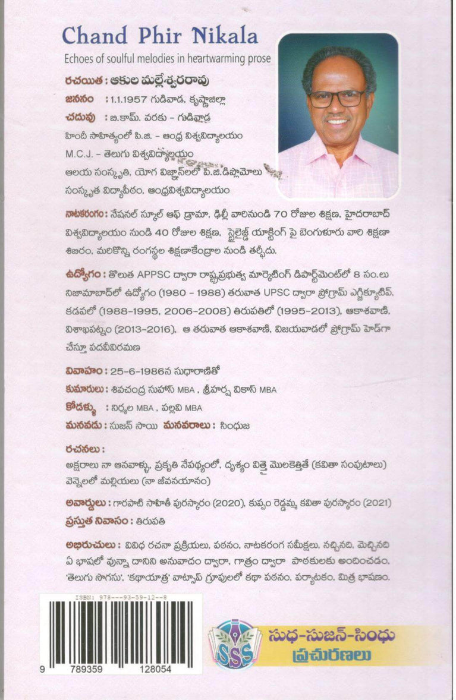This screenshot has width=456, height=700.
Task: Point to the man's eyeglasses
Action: click(x=336, y=97)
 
